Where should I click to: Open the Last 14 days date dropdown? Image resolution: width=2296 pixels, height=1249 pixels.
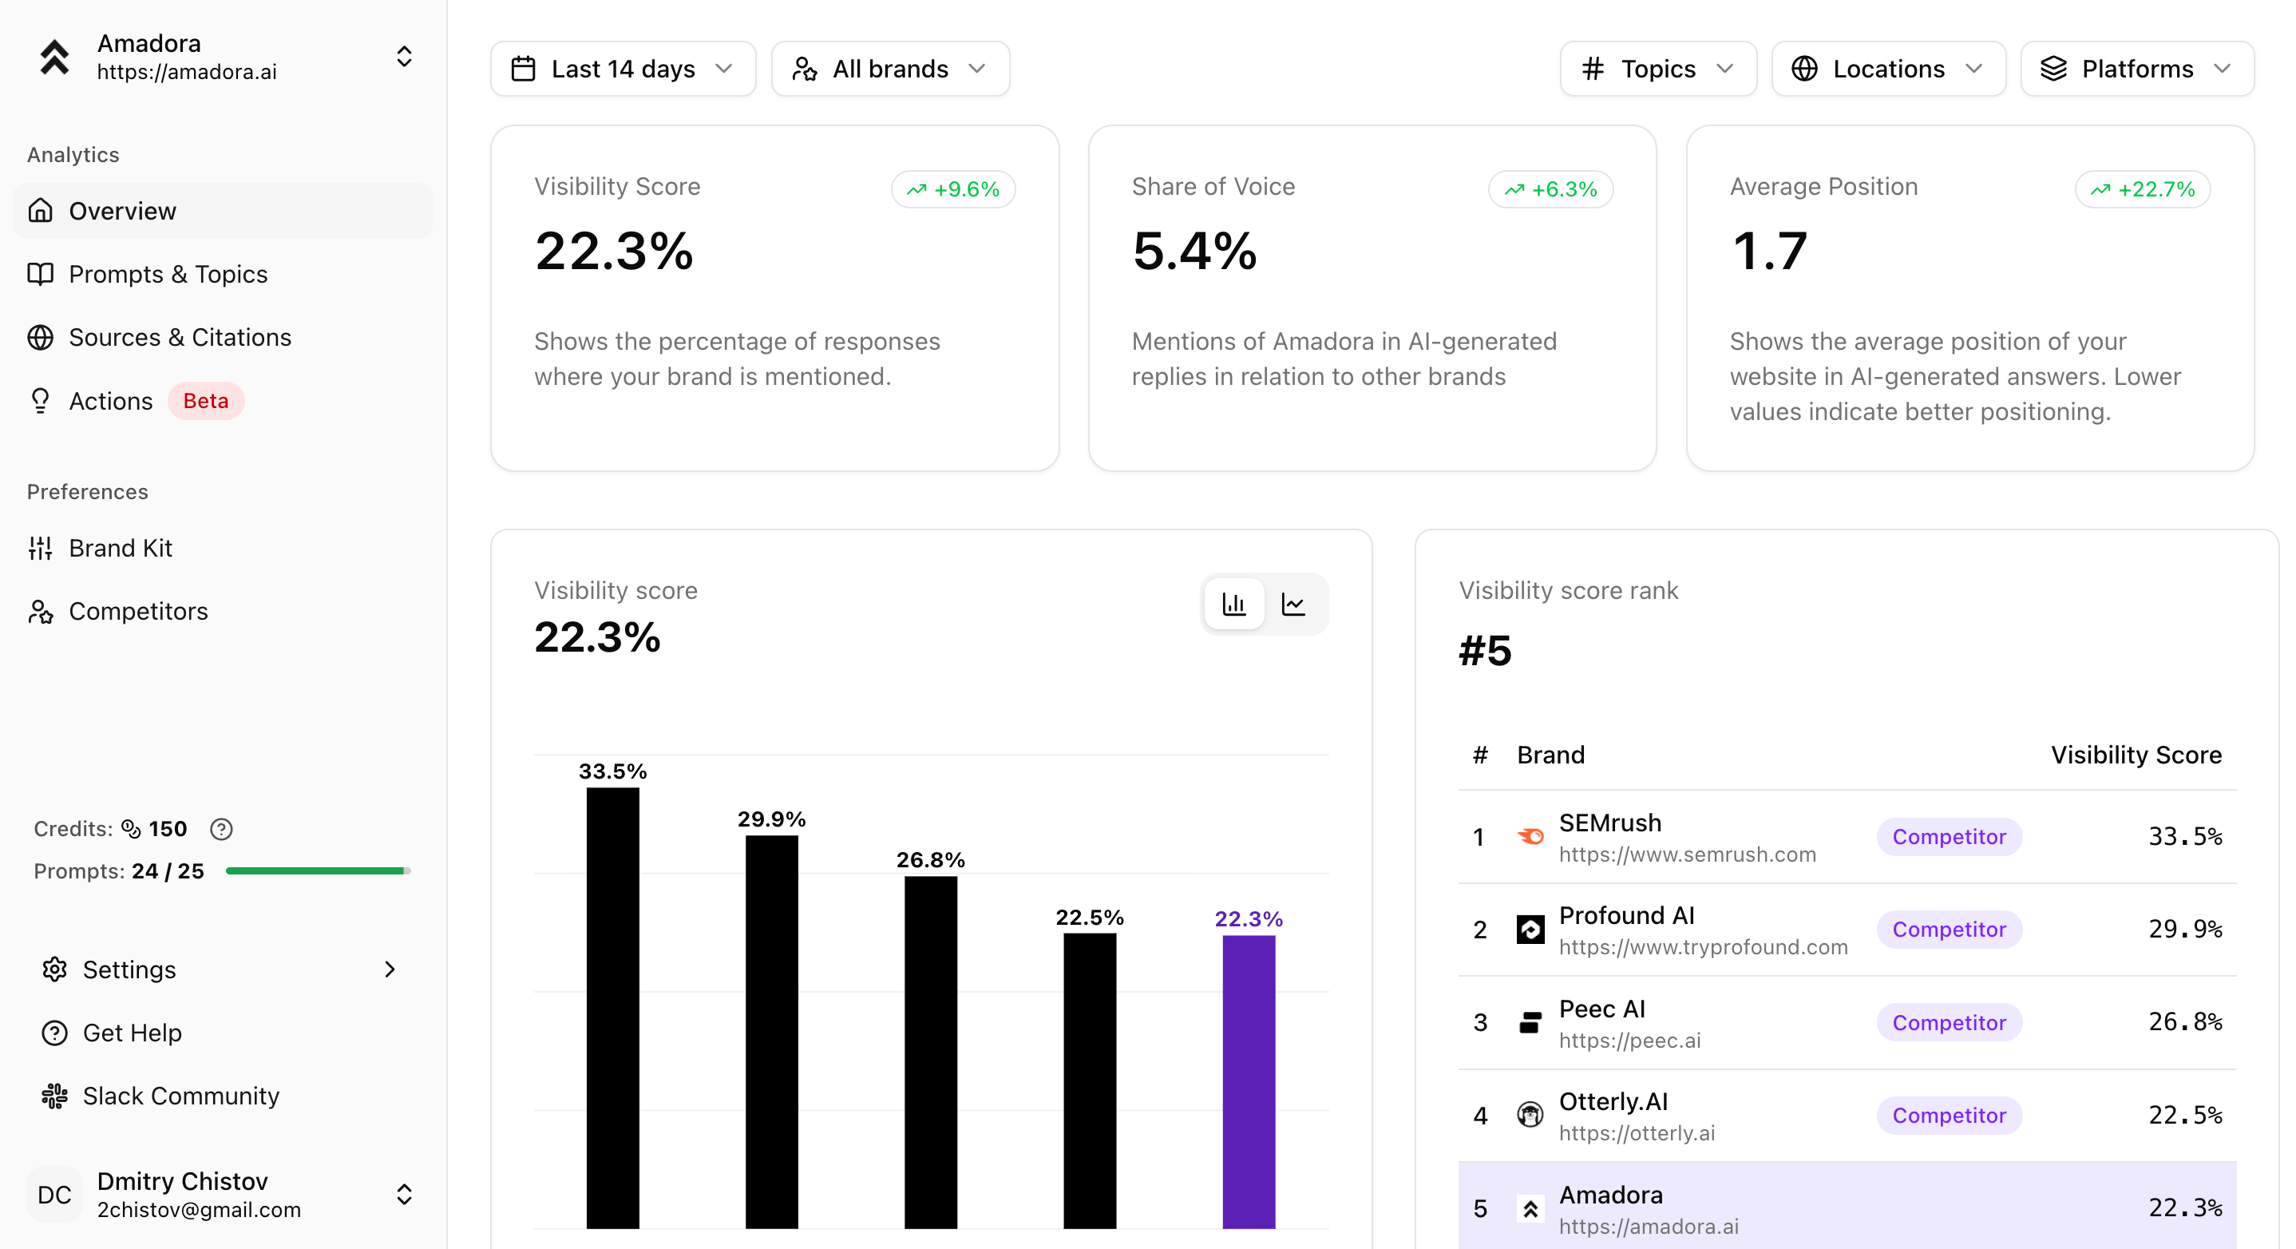(622, 69)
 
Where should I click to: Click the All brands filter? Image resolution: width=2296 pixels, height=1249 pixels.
(889, 69)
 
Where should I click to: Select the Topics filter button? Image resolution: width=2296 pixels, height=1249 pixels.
(1657, 69)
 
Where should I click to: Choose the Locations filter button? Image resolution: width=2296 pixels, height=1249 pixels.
(1888, 69)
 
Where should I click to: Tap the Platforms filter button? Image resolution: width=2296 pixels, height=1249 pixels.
(2136, 69)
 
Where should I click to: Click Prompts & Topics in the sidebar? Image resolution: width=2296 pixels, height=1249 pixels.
(168, 274)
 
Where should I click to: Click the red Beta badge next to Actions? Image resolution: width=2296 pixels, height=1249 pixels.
(206, 401)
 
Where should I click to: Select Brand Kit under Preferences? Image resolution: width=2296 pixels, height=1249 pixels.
(121, 547)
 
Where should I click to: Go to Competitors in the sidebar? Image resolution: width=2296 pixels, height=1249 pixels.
(138, 611)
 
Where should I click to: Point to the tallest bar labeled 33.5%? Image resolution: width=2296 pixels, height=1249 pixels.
(612, 1007)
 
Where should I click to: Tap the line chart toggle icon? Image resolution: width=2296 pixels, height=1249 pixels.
(1293, 605)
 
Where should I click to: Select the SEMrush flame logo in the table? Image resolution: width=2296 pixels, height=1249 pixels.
(1530, 836)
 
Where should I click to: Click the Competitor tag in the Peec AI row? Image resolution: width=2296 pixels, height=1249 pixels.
(1949, 1022)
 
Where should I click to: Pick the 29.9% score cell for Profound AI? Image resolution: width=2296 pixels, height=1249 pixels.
(2183, 929)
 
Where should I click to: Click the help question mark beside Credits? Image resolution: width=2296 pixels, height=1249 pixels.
(221, 829)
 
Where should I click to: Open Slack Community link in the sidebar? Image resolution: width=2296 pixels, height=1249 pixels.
(181, 1096)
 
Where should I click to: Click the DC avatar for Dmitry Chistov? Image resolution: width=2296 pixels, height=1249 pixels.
(54, 1195)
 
